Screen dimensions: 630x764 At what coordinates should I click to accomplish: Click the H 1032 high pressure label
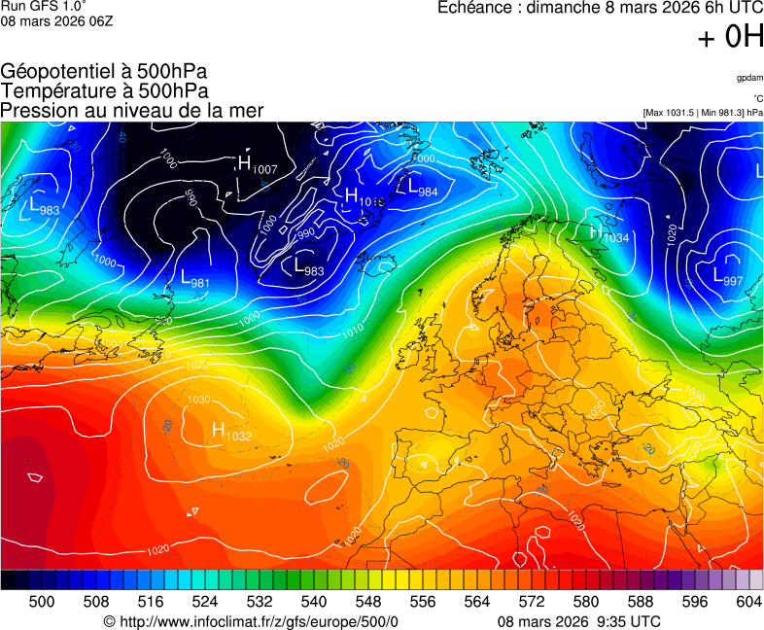pos(231,432)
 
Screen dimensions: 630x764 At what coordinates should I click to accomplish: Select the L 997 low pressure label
pos(728,277)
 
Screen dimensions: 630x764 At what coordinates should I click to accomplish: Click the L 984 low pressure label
pos(422,187)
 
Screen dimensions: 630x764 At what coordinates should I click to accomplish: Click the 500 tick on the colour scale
pos(42,602)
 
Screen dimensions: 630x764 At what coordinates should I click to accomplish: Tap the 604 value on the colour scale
pos(748,602)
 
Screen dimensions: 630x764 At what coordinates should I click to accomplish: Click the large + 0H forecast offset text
pos(729,37)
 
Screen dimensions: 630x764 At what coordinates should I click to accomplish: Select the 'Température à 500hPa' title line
pos(104,90)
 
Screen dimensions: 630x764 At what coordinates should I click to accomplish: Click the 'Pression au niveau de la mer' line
pos(131,110)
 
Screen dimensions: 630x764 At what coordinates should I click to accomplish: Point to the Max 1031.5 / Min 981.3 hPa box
pos(703,113)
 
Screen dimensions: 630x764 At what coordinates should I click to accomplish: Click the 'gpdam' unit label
pos(749,77)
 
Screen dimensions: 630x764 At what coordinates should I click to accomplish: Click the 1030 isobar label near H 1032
pos(198,400)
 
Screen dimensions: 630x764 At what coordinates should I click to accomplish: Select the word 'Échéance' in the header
pos(472,7)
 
